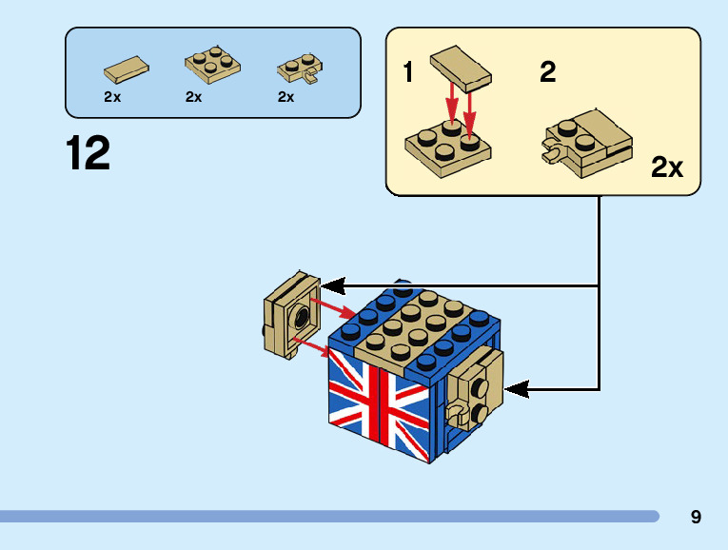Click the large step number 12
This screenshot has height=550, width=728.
tap(88, 152)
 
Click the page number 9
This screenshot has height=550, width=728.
tap(696, 517)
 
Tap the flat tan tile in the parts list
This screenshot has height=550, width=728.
tap(127, 69)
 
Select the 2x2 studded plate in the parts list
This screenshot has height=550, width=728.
tap(212, 65)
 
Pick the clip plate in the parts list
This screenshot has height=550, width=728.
tap(301, 69)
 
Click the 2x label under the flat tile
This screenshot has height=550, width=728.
tap(112, 97)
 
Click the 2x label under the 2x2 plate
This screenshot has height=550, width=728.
tap(193, 97)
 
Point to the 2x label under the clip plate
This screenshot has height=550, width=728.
tap(286, 97)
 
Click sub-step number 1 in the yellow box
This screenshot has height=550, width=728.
tap(408, 72)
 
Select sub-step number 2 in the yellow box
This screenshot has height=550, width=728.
tap(548, 72)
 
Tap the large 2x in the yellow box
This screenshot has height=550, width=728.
tap(667, 167)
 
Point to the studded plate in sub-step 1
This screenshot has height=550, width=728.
tap(448, 149)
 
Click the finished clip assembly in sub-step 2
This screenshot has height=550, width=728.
tap(587, 144)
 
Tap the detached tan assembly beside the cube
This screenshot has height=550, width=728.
tap(291, 315)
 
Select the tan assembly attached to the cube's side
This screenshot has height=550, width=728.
tap(474, 390)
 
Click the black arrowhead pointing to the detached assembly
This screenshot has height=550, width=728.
tap(333, 285)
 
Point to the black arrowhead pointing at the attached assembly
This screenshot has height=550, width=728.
tap(517, 389)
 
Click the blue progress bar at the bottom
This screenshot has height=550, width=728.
tap(329, 517)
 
